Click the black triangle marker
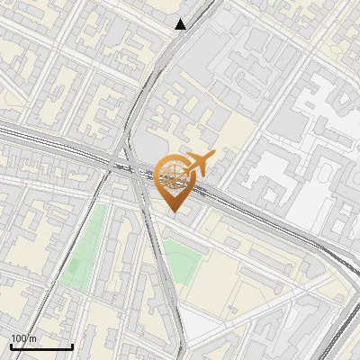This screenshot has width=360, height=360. [x=181, y=24]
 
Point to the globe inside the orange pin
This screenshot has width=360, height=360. [x=174, y=175]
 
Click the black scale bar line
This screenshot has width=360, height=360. [x=41, y=347]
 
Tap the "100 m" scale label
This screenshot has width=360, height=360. [x=23, y=338]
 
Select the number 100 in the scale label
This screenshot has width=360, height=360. [x=19, y=338]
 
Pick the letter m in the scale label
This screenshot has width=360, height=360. [x=33, y=338]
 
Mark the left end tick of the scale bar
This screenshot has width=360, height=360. [x=11, y=346]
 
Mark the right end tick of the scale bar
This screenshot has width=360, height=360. [x=73, y=346]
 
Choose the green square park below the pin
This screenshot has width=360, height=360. [x=183, y=262]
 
